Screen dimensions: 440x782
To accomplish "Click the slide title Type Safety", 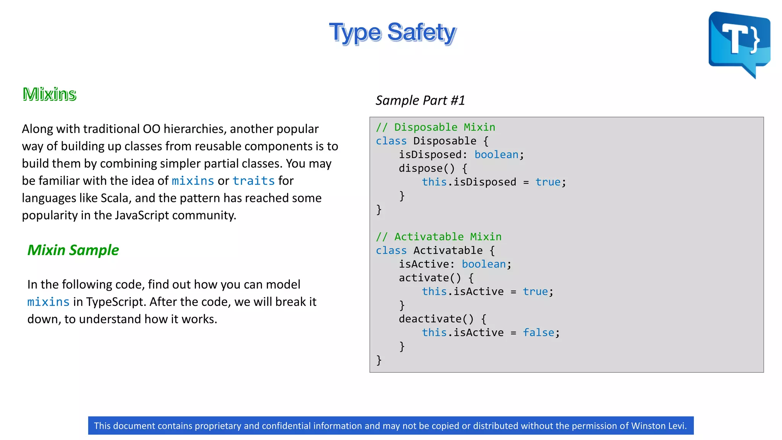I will pyautogui.click(x=392, y=32).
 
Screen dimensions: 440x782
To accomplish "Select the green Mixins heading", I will pyautogui.click(x=49, y=94).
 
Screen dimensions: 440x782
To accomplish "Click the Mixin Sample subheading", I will pyautogui.click(x=73, y=250).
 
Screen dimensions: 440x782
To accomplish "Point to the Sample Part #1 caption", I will pyautogui.click(x=420, y=100).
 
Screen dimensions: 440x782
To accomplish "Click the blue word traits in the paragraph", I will pyautogui.click(x=254, y=181).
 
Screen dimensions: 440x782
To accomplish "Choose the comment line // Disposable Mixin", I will pyautogui.click(x=435, y=127).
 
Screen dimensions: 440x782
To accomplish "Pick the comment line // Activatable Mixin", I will pyautogui.click(x=438, y=237).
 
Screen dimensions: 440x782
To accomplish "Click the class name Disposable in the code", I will pyautogui.click(x=444, y=141).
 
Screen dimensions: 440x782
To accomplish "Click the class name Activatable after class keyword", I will pyautogui.click(x=448, y=251).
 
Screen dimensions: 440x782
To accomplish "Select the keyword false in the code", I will pyautogui.click(x=538, y=333).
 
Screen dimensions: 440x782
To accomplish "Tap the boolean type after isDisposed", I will pyautogui.click(x=496, y=155).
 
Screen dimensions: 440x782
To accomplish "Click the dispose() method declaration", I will pyautogui.click(x=427, y=168).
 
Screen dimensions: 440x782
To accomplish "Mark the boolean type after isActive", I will pyautogui.click(x=483, y=264).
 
